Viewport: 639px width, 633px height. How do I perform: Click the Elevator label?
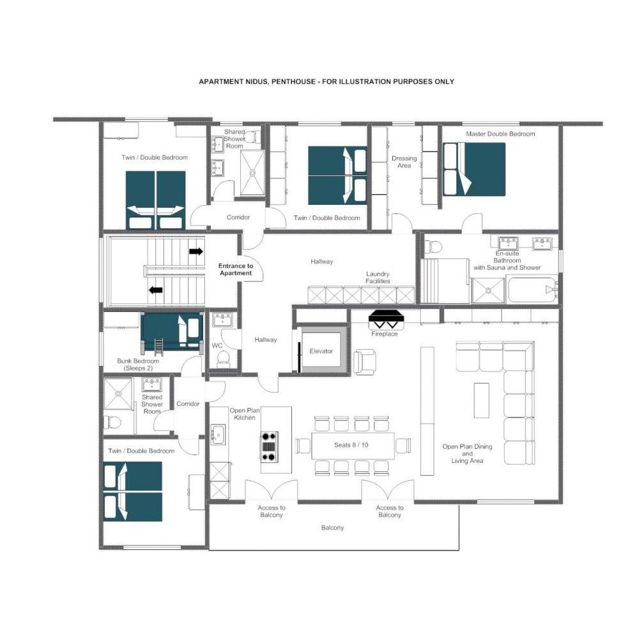tap(321, 351)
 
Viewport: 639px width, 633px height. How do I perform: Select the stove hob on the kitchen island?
tap(269, 446)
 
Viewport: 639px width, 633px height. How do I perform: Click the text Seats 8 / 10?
tap(351, 445)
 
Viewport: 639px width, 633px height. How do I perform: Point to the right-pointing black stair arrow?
tap(196, 251)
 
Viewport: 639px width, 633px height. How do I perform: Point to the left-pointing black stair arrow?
tap(155, 290)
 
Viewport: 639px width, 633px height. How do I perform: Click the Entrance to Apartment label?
tap(236, 270)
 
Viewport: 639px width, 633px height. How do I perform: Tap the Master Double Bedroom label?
tap(500, 134)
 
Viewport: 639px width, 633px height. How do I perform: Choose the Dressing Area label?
tap(404, 162)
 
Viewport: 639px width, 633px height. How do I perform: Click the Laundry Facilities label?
tap(378, 277)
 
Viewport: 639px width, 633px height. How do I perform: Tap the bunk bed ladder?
tap(158, 346)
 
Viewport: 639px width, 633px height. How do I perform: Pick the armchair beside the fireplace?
tap(365, 362)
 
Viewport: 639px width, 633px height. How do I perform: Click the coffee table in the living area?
tap(481, 400)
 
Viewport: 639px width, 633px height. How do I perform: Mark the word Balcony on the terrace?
tap(332, 527)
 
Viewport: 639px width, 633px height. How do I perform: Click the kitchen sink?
tap(219, 435)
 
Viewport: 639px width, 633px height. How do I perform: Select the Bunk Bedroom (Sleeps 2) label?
tap(138, 364)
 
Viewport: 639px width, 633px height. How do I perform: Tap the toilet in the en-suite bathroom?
tap(434, 247)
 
